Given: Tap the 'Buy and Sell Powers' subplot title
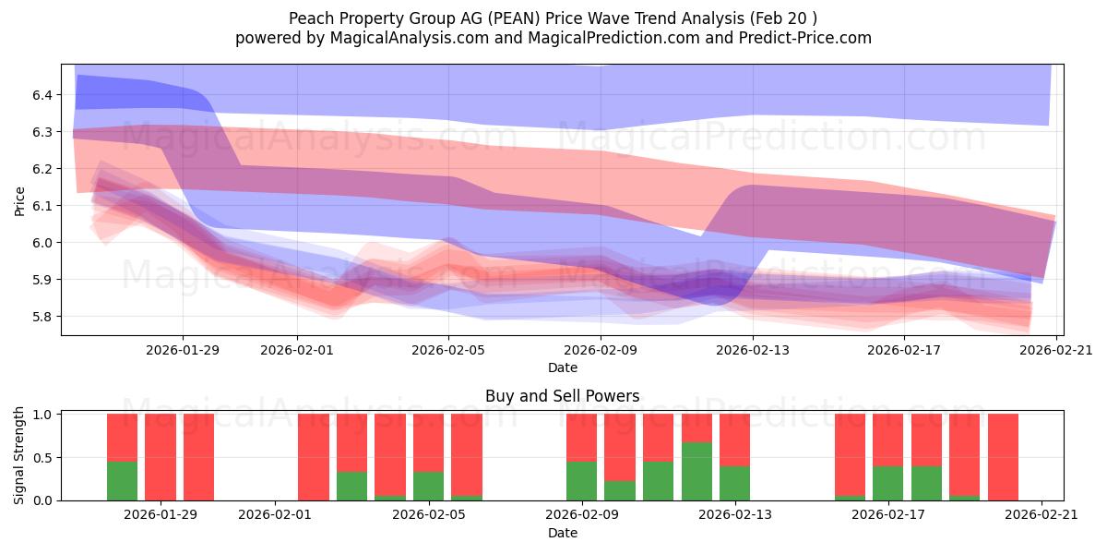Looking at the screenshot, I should (562, 396).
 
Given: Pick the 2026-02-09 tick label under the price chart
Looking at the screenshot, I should (601, 350).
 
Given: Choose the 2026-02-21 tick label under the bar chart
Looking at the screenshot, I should (1041, 515).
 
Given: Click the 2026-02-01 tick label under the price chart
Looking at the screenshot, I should (297, 350).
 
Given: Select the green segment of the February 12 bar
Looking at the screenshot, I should (696, 472).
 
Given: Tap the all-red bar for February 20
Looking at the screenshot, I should (1003, 457).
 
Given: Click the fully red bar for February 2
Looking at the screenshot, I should (314, 457).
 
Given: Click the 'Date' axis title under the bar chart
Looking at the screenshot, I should (562, 533).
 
